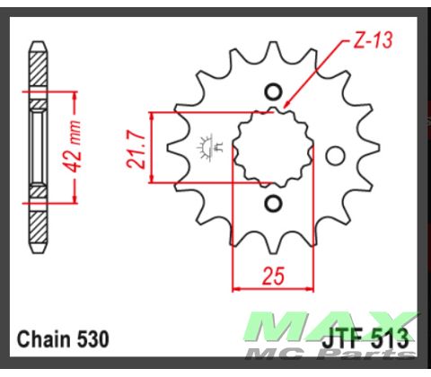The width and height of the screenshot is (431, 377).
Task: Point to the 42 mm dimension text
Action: click(78, 148)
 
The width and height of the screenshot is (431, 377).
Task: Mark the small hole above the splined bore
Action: click(274, 92)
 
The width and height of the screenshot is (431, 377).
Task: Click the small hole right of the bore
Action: click(335, 156)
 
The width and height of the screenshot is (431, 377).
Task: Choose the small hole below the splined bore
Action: click(274, 205)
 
